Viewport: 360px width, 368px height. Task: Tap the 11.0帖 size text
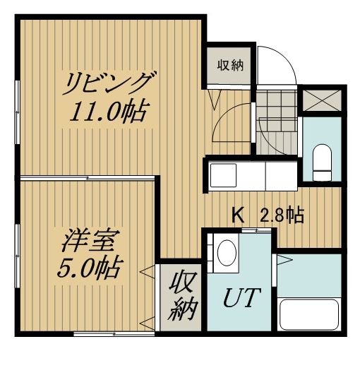pyautogui.click(x=109, y=112)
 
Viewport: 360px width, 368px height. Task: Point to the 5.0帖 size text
pyautogui.click(x=90, y=268)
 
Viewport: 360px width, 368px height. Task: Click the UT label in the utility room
pyautogui.click(x=241, y=297)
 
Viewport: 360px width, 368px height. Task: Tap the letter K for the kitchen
pyautogui.click(x=238, y=215)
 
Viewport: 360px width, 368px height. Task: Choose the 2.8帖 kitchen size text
pyautogui.click(x=282, y=215)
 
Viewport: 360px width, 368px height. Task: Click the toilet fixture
pyautogui.click(x=322, y=162)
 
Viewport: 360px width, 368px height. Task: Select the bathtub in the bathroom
pyautogui.click(x=309, y=314)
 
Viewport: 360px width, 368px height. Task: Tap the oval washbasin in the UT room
pyautogui.click(x=227, y=253)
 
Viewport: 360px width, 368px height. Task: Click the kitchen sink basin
pyautogui.click(x=223, y=175)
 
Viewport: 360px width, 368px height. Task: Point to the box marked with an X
pyautogui.click(x=322, y=100)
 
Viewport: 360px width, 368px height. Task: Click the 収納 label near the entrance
pyautogui.click(x=230, y=65)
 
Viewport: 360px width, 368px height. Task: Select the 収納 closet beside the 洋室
pyautogui.click(x=181, y=297)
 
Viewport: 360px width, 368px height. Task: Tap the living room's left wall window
pyautogui.click(x=17, y=112)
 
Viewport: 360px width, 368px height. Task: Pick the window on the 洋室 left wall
pyautogui.click(x=17, y=256)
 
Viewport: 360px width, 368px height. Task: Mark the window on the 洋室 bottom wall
pyautogui.click(x=114, y=333)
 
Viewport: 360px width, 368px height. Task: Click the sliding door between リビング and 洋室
pyautogui.click(x=88, y=178)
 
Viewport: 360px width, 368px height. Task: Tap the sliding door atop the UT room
pyautogui.click(x=256, y=230)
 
